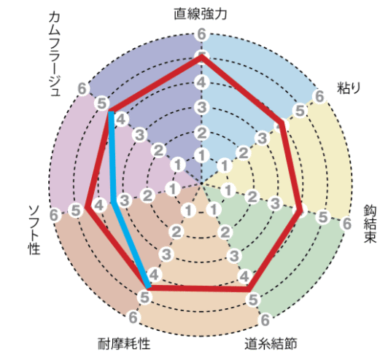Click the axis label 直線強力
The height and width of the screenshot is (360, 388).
[200, 14]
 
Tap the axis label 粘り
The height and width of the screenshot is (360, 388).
[349, 87]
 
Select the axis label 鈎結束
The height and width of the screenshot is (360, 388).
[370, 224]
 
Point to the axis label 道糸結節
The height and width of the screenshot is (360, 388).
[271, 343]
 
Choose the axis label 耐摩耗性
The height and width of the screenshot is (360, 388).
[124, 343]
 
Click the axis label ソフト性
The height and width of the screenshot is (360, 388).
[34, 230]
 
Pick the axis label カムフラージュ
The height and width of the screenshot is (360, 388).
[55, 54]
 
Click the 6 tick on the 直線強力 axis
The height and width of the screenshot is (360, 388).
[201, 34]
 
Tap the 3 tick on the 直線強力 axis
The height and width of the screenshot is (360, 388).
[201, 108]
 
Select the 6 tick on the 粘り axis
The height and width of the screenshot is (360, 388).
[319, 96]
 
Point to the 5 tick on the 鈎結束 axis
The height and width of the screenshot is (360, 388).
[323, 217]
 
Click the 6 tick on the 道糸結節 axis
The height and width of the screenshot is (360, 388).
[265, 320]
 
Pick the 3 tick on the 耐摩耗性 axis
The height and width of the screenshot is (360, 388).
[166, 254]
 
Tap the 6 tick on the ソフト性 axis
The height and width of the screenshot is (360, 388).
[54, 215]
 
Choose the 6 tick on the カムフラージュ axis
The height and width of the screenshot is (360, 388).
[82, 88]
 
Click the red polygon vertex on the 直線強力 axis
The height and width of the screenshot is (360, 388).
[201, 56]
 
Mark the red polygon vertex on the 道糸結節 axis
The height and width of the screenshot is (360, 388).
[249, 289]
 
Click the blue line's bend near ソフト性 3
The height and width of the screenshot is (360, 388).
[114, 203]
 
